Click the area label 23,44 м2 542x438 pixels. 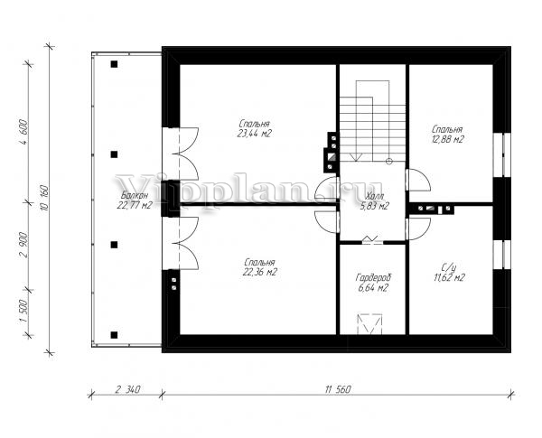(x=254, y=134)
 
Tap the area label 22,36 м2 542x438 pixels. (x=260, y=272)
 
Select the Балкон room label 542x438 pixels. (x=135, y=195)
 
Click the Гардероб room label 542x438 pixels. (x=373, y=277)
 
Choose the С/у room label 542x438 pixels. (x=449, y=267)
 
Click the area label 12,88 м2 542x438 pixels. (x=447, y=139)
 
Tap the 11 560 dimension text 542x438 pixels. (x=338, y=389)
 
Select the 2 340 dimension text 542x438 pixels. (x=127, y=389)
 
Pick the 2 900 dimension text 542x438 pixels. (x=23, y=245)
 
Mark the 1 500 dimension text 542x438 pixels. (x=23, y=311)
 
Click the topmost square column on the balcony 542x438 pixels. (x=114, y=64)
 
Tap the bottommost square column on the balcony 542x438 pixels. (x=114, y=335)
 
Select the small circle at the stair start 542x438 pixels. (x=389, y=161)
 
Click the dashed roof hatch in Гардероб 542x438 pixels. (x=370, y=324)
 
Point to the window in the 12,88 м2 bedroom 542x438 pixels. (x=502, y=154)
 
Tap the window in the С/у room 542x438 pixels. (x=502, y=254)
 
